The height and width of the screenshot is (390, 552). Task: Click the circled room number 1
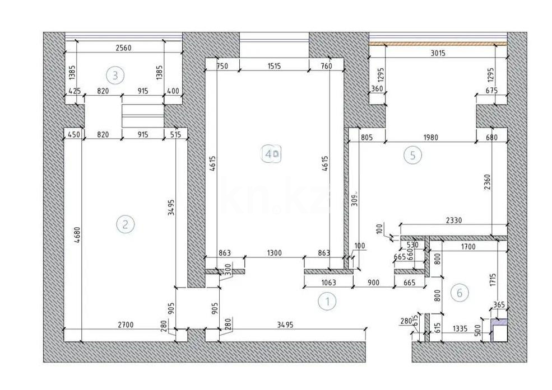pyautogui.click(x=327, y=302)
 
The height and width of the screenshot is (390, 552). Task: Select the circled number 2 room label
pyautogui.click(x=125, y=224)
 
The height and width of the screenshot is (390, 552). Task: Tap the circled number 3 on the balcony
pyautogui.click(x=115, y=74)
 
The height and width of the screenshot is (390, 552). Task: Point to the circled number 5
pyautogui.click(x=412, y=156)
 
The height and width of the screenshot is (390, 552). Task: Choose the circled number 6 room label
pyautogui.click(x=460, y=292)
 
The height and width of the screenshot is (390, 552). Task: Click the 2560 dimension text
pyautogui.click(x=123, y=48)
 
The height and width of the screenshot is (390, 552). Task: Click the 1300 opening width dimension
pyautogui.click(x=274, y=253)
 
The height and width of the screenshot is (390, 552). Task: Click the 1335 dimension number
pyautogui.click(x=461, y=330)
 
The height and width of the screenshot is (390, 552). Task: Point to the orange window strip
pyautogui.click(x=437, y=43)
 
